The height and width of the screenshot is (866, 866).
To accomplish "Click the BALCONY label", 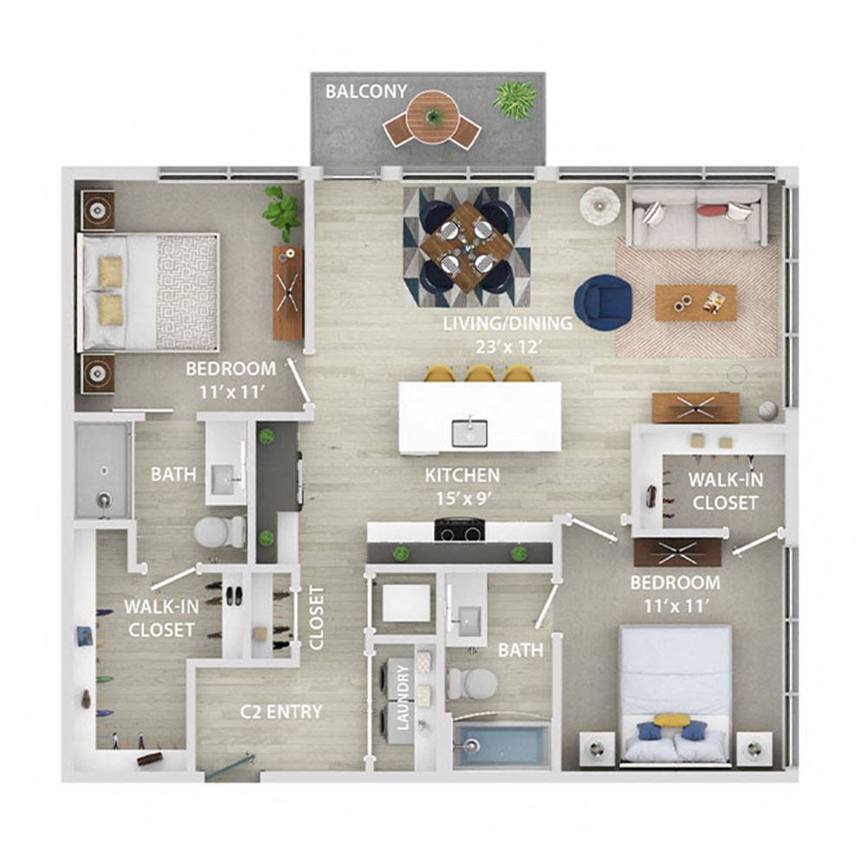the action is pyautogui.click(x=366, y=91).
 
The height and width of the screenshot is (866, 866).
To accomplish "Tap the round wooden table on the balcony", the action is pyautogui.click(x=432, y=117).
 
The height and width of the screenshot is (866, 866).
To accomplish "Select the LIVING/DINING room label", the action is pyautogui.click(x=507, y=323).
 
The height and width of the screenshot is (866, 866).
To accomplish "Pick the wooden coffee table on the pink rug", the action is pyautogui.click(x=696, y=302).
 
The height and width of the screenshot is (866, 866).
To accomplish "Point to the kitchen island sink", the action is pyautogui.click(x=469, y=432).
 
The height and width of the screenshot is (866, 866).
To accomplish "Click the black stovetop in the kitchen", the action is pyautogui.click(x=460, y=530).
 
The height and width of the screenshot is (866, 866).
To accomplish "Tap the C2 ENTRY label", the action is pyautogui.click(x=281, y=712).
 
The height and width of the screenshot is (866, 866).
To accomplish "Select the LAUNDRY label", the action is pyautogui.click(x=403, y=697).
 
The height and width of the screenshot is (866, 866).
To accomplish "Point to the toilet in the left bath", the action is pyautogui.click(x=220, y=532).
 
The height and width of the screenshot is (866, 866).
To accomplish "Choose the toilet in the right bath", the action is pyautogui.click(x=472, y=683).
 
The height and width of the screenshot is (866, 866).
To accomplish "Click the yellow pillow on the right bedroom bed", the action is pyautogui.click(x=672, y=721).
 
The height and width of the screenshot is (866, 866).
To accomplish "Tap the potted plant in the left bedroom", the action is pyautogui.click(x=282, y=213).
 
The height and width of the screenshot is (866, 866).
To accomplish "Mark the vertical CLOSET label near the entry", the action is pyautogui.click(x=316, y=617).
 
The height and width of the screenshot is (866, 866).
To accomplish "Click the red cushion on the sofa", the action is pyautogui.click(x=711, y=210).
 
